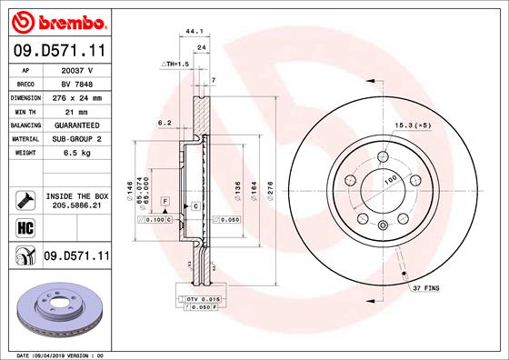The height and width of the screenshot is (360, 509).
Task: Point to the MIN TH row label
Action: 24,110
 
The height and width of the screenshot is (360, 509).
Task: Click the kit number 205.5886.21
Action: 77,205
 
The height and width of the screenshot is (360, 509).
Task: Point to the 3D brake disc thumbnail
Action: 59,310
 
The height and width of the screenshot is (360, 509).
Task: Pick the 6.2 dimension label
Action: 165,122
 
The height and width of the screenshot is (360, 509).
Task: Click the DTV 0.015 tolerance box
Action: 201,299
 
